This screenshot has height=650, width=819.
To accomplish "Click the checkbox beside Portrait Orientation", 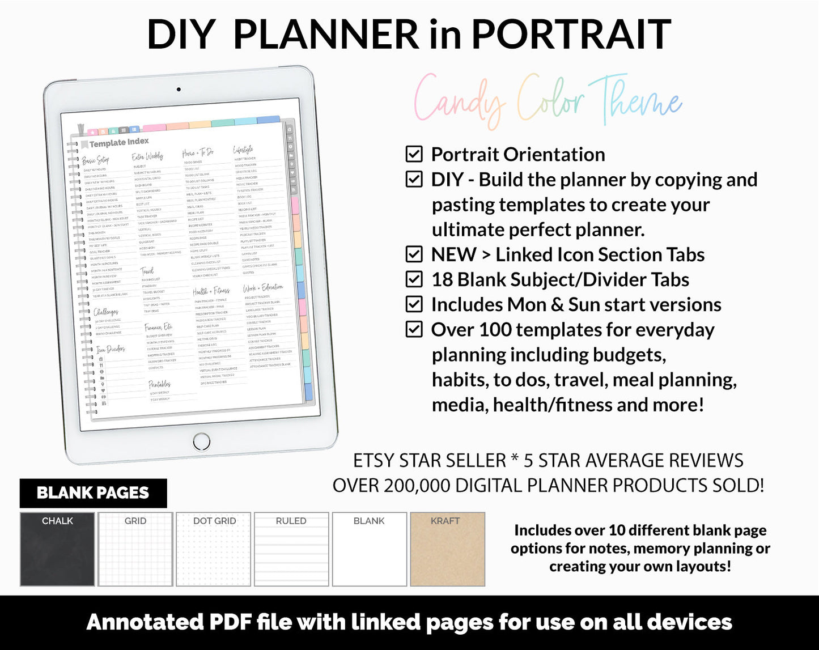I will [414, 154].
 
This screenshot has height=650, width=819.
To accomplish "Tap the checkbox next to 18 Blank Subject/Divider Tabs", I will [414, 279].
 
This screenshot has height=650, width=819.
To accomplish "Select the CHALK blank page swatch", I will [57, 549].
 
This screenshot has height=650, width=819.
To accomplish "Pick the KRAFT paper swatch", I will [447, 549].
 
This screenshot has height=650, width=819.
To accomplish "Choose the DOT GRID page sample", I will [214, 549].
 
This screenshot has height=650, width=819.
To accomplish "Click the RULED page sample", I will [291, 549].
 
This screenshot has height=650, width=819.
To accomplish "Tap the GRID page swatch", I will [135, 549].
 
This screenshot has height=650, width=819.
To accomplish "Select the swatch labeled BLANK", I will [369, 549].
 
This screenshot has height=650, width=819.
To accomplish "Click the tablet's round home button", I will [201, 441].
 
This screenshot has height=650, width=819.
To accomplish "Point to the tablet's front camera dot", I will [179, 90].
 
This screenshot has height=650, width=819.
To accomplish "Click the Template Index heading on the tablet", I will [118, 143].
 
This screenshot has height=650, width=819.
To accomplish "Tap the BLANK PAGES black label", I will [93, 493].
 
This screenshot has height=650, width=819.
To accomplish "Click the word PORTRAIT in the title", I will [571, 35].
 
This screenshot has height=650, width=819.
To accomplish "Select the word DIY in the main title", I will [181, 35].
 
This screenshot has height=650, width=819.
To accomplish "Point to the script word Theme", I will [635, 101].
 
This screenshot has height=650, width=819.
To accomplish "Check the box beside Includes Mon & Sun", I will [414, 304].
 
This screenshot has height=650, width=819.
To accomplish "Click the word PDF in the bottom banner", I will [231, 622].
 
